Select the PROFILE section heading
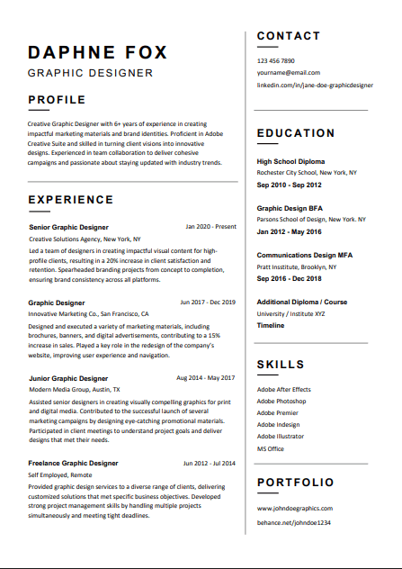57,100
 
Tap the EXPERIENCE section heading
71,200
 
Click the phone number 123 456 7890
275,60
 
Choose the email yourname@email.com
288,72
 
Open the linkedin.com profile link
315,85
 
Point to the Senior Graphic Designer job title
68,228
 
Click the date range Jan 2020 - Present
210,227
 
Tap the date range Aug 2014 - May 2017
206,378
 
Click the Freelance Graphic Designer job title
73,464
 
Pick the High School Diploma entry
291,162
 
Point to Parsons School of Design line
311,220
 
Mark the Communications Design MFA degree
305,256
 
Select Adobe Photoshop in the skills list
281,401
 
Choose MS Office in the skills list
270,448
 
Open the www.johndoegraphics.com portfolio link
294,509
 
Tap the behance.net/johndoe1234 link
294,522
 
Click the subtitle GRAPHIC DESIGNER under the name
90,73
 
